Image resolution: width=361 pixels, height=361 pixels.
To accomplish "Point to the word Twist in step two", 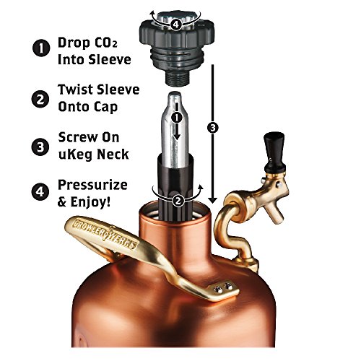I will click(x=78, y=91).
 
